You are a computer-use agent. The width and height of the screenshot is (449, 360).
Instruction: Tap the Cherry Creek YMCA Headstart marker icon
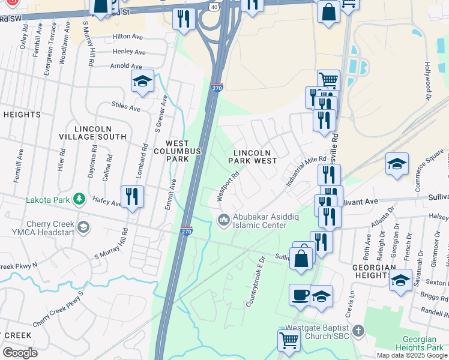pyautogui.click(x=83, y=227)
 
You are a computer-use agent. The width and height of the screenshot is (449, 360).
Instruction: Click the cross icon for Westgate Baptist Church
pyautogui.click(x=358, y=331)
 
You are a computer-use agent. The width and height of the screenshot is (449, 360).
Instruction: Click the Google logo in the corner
pyautogui.click(x=20, y=353)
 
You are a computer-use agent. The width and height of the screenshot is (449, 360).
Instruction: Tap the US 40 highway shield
pyautogui.click(x=214, y=5)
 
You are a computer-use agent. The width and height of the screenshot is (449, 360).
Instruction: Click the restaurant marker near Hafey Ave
pyautogui.click(x=131, y=196)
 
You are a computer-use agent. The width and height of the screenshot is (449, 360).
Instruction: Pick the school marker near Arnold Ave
pyautogui.click(x=142, y=81)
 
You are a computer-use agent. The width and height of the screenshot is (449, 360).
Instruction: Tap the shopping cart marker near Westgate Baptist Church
pyautogui.click(x=289, y=340)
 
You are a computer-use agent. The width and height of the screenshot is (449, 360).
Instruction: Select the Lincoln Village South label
pyautogui.click(x=100, y=133)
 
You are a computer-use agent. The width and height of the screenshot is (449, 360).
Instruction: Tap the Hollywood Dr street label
pyautogui.click(x=429, y=80)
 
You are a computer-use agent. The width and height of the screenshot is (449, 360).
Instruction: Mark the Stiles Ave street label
pyautogui.click(x=125, y=107)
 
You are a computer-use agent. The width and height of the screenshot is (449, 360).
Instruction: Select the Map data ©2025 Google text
pyautogui.click(x=411, y=355)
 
